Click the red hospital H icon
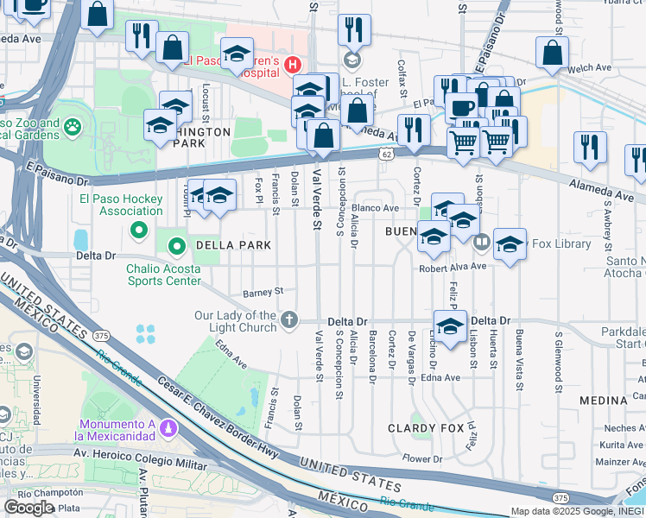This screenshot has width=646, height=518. pos(294,64)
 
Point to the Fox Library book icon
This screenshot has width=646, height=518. pos(482,244)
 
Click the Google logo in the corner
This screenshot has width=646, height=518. pos(28,508)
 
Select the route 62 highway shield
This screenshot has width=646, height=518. pos(386,154)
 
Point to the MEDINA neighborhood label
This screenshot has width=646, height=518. pos(604,401)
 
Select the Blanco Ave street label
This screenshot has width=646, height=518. pos(374,208)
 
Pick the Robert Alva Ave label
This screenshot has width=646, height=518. pos(453,267)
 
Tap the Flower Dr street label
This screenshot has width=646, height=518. pos(421,458)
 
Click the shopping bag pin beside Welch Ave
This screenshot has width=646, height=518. pos(552,51)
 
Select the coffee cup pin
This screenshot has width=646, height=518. pos(461,107)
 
